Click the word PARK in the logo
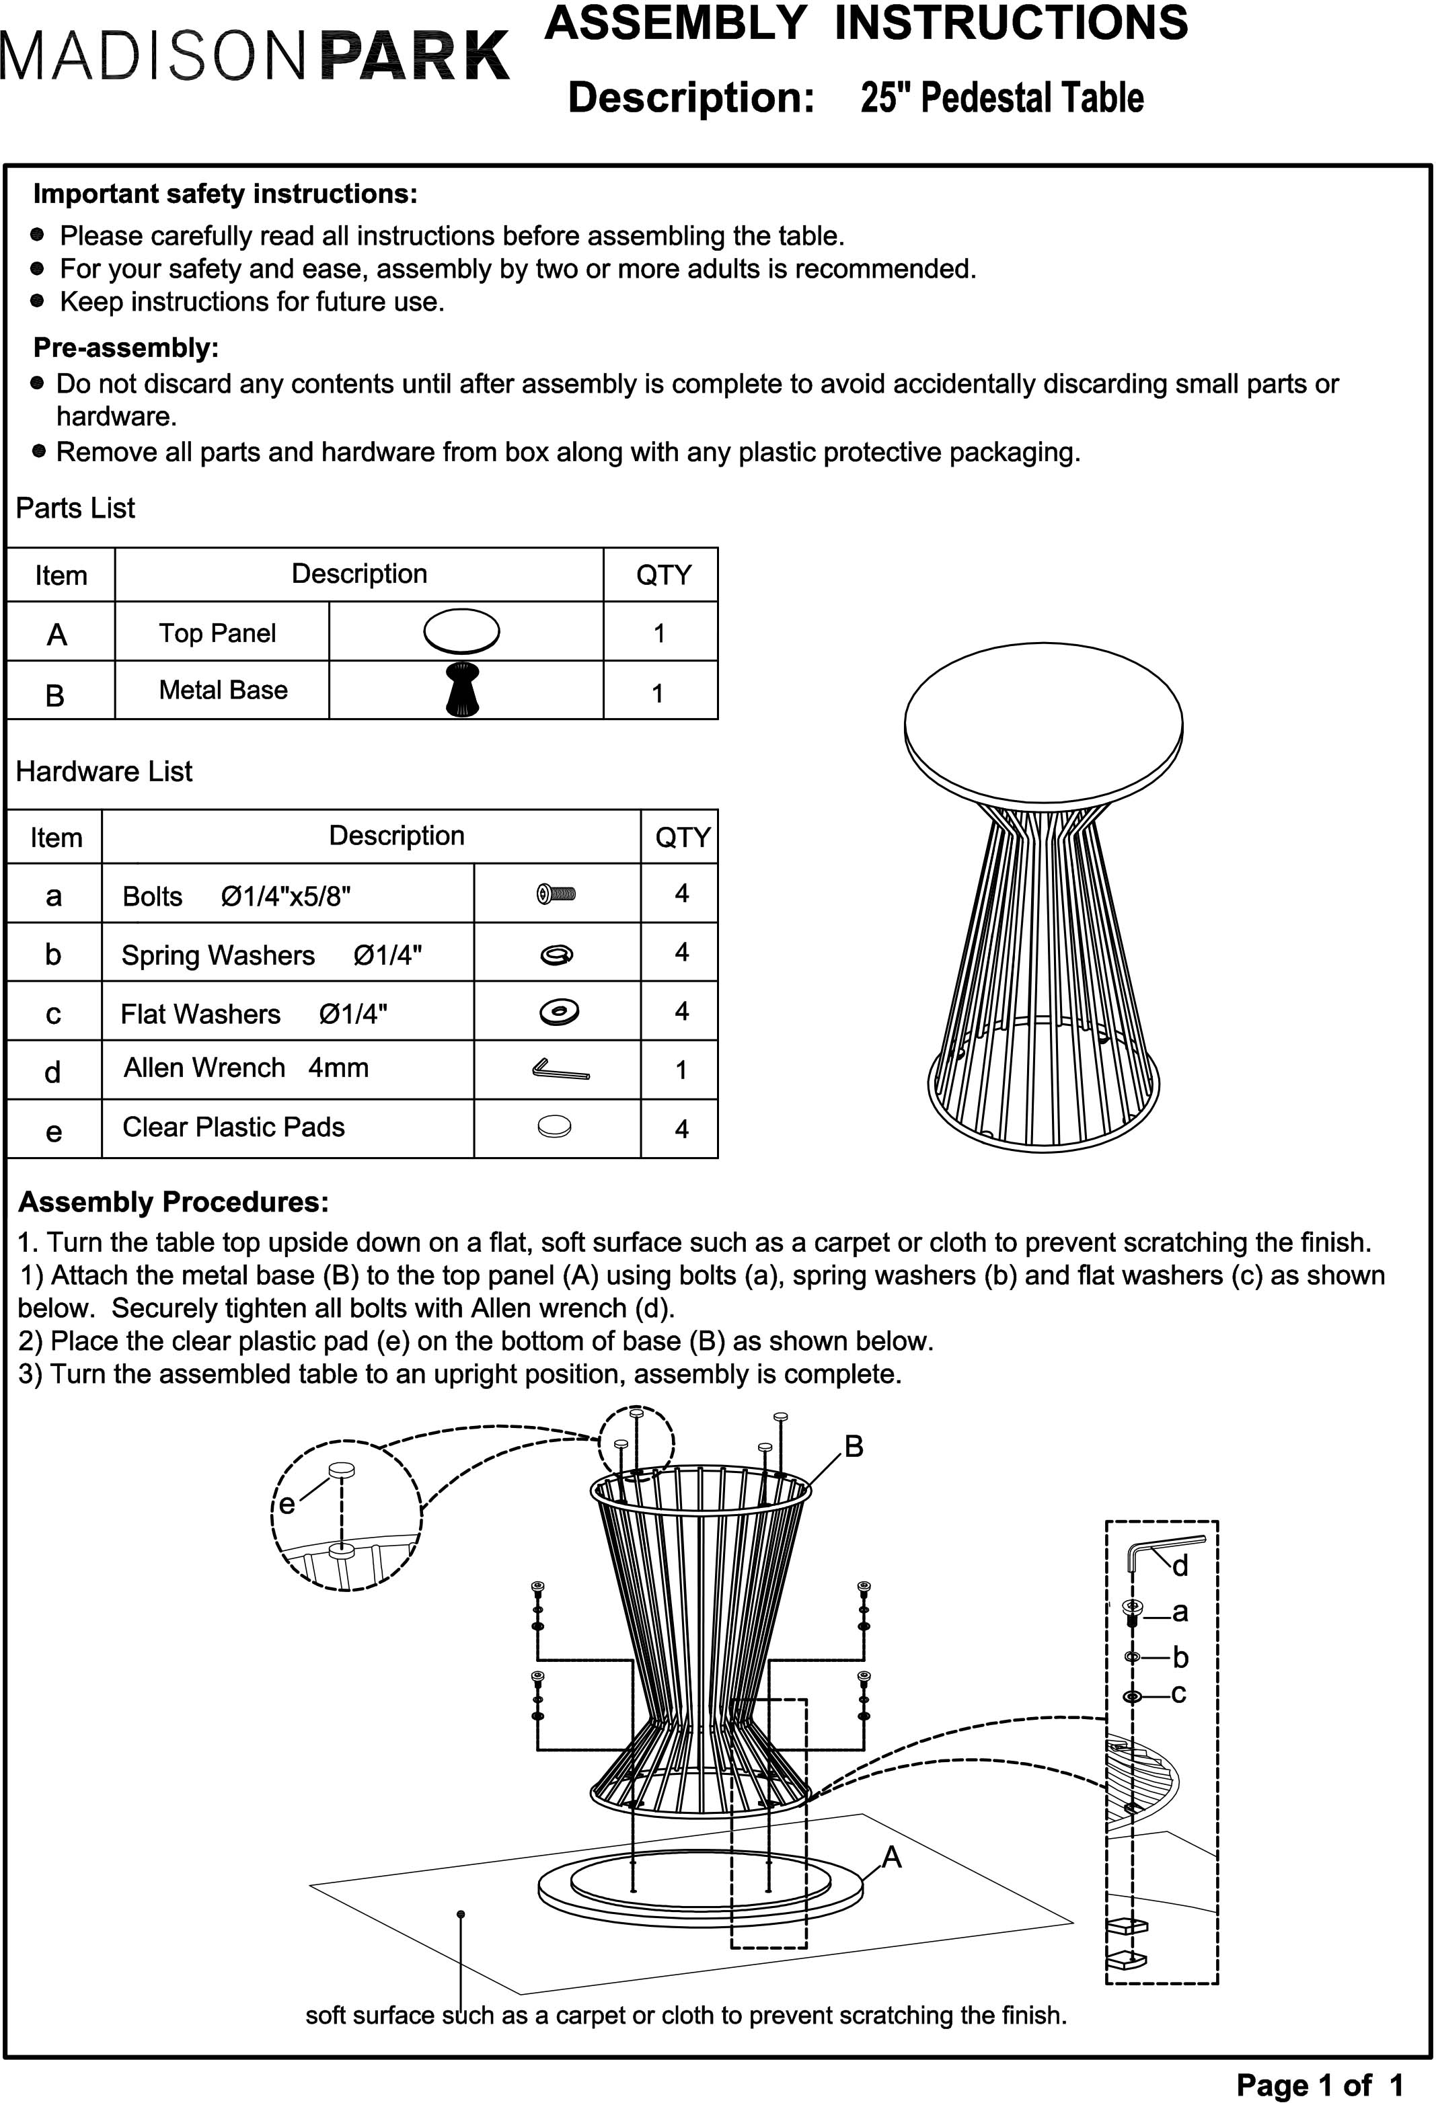point(415,56)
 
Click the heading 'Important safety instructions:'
point(225,194)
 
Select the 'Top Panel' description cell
point(217,633)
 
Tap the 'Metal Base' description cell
point(223,690)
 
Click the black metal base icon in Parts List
point(463,690)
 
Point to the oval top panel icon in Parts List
point(462,631)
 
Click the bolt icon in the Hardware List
point(556,895)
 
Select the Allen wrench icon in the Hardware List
point(560,1070)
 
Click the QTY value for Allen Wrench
point(681,1070)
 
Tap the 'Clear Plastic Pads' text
point(234,1127)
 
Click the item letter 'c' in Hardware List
point(53,1014)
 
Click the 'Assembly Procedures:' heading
point(173,1202)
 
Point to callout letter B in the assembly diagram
point(854,1447)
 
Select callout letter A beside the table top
point(891,1858)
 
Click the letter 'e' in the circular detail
point(287,1505)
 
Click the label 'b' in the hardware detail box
point(1180,1657)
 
